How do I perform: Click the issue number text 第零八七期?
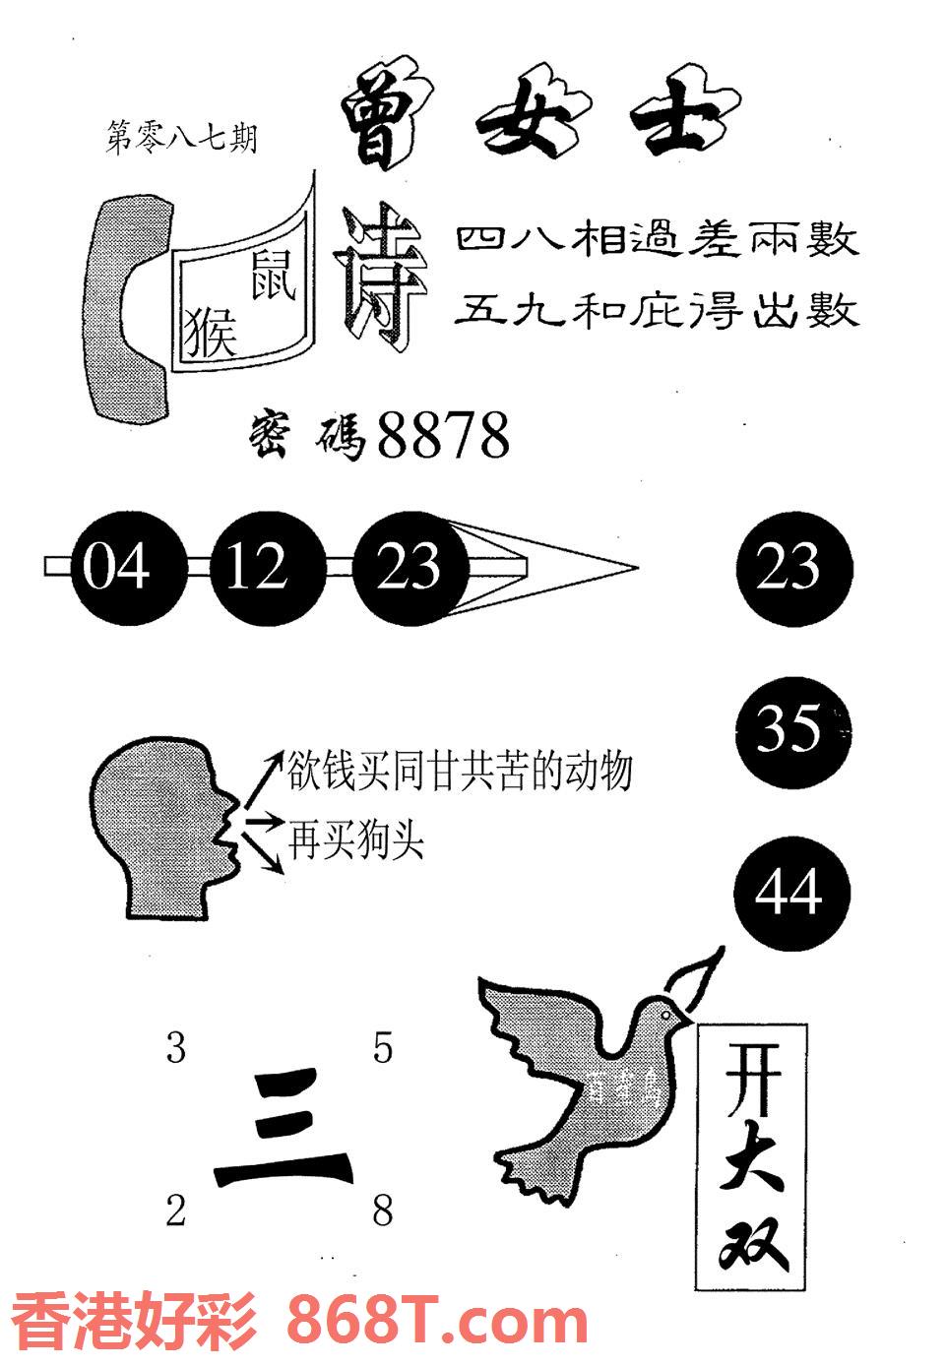180,138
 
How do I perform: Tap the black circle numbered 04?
116,568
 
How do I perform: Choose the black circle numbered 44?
790,894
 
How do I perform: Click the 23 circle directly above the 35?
792,568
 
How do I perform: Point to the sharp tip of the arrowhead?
635,568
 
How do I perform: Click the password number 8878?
443,436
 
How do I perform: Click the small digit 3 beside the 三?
175,1049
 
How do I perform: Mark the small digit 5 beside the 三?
382,1049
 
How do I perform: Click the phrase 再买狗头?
356,840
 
